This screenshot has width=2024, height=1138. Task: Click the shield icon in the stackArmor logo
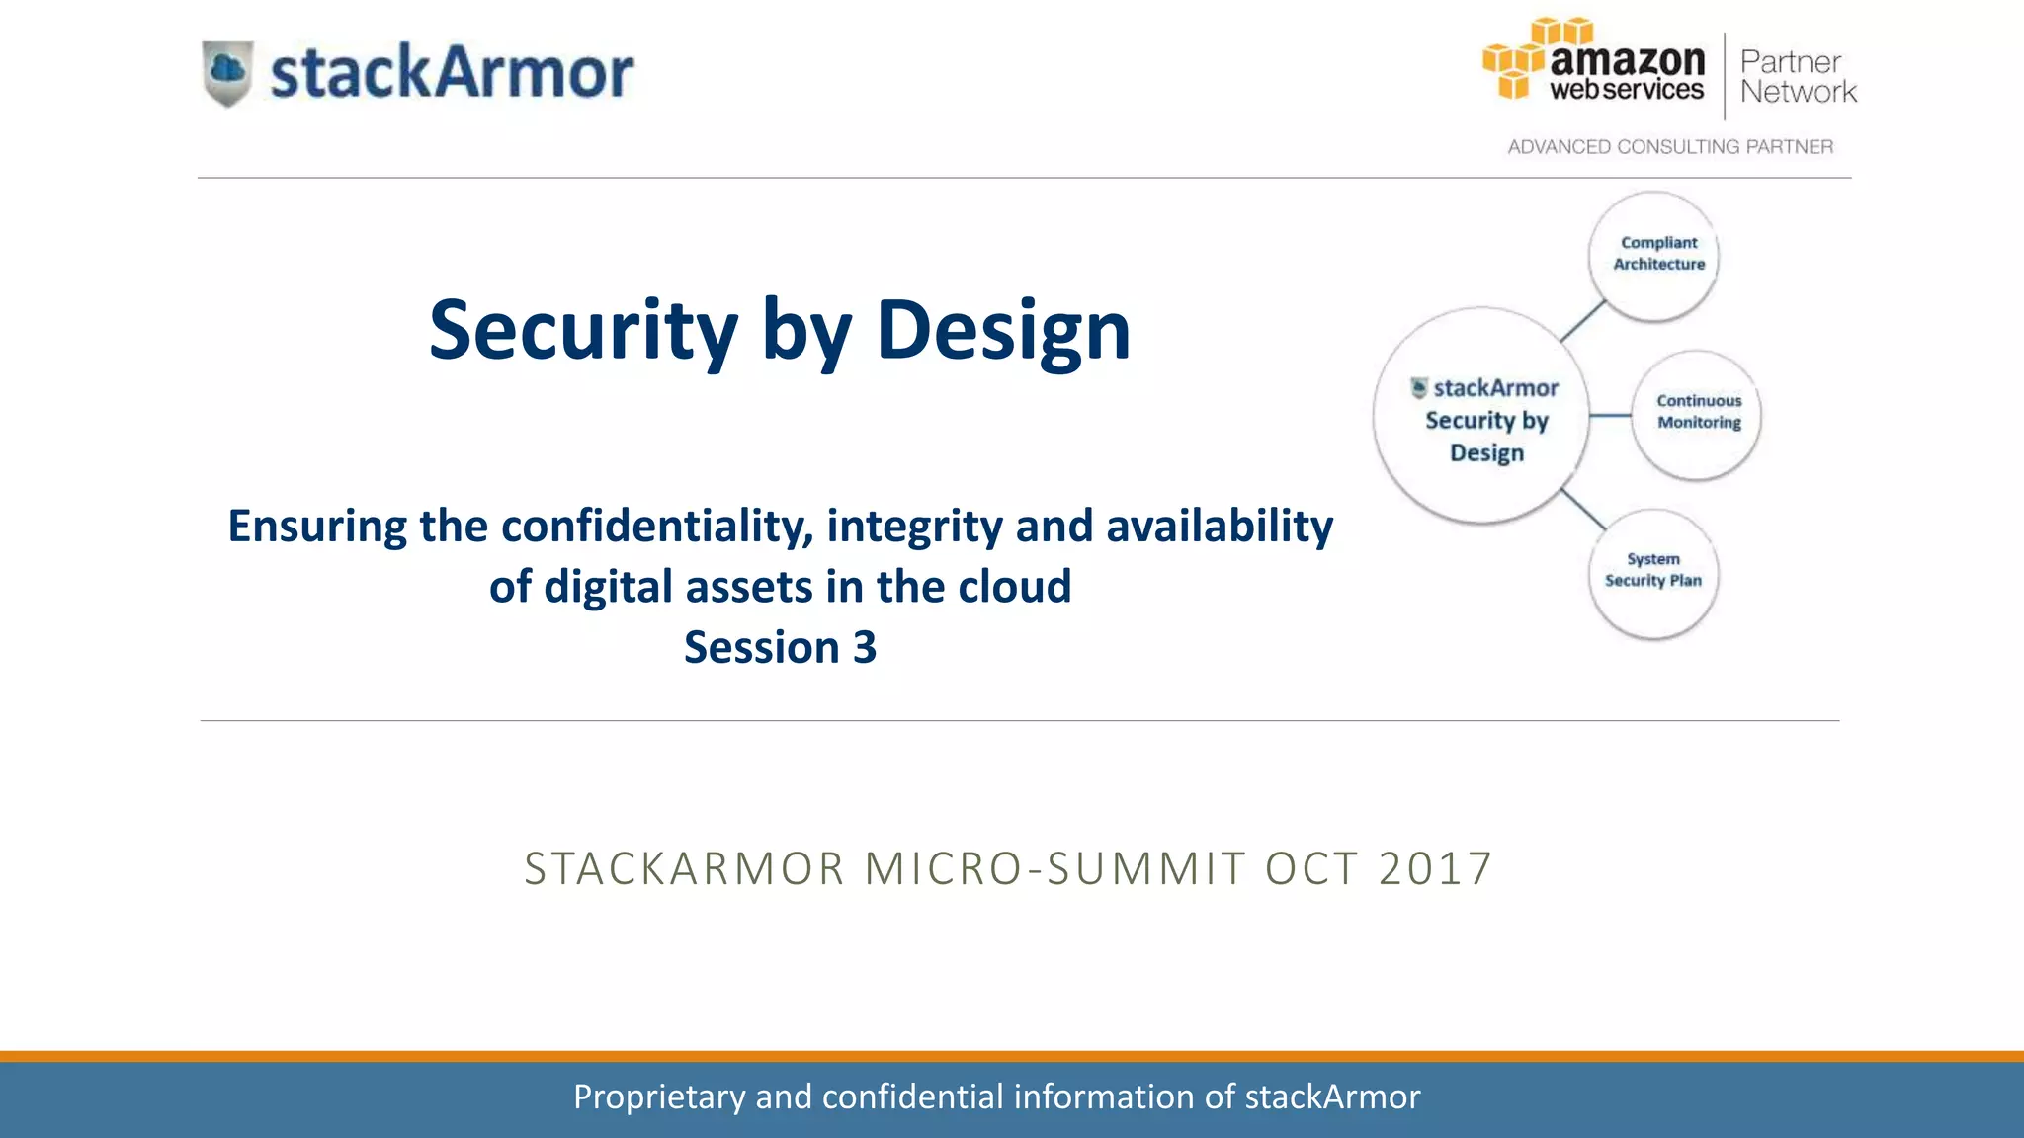click(x=227, y=72)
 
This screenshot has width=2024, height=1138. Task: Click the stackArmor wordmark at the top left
click(x=452, y=73)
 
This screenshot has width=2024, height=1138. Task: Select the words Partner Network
click(x=1797, y=77)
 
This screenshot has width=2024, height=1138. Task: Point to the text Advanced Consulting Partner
click(x=1670, y=146)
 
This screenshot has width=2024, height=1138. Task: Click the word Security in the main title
click(x=583, y=331)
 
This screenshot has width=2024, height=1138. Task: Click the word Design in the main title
click(x=1003, y=331)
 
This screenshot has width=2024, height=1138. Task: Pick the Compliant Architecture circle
click(x=1654, y=255)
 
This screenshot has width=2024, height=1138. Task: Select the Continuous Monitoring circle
click(x=1697, y=413)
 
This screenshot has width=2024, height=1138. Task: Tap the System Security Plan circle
click(x=1652, y=572)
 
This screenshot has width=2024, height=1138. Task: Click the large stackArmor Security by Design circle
click(x=1481, y=415)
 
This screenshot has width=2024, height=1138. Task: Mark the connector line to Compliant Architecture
click(x=1582, y=321)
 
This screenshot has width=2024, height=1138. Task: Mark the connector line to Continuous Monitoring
click(x=1610, y=415)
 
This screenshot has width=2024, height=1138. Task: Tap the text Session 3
click(x=780, y=647)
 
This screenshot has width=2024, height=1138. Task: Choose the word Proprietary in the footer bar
click(x=659, y=1097)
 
